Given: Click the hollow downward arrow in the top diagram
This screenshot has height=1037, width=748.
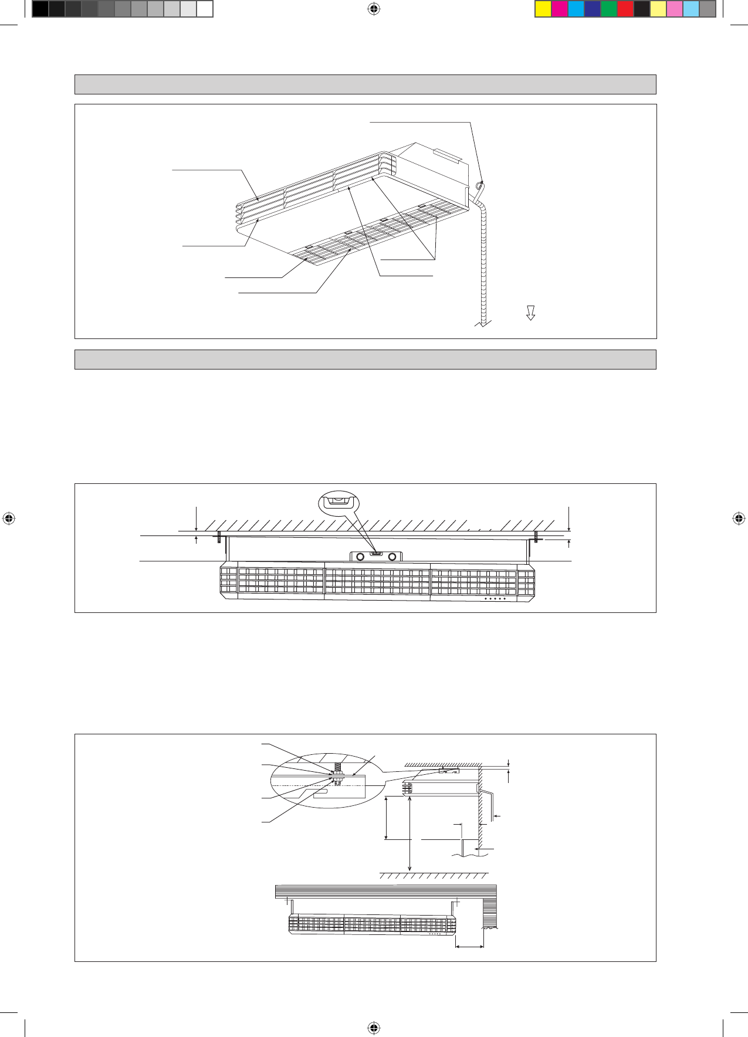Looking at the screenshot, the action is pos(530,313).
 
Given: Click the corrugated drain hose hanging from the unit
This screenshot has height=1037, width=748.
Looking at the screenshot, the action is pos(482,264).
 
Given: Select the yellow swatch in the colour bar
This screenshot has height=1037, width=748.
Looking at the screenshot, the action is pos(543,9).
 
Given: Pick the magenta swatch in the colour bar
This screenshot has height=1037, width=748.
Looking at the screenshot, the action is pos(560,9).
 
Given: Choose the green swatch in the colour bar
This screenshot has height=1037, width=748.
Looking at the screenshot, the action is pos(609,9).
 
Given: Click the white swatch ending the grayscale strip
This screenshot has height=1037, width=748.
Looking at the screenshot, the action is pos(204,9).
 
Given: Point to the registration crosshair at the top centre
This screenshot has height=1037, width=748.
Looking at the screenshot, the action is pos(374,9).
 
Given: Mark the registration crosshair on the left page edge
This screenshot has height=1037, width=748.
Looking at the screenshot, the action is pos(8,518).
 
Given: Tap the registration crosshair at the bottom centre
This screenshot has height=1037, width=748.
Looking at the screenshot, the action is pos(374,1028).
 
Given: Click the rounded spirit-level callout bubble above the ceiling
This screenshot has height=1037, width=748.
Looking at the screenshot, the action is pos(338,501).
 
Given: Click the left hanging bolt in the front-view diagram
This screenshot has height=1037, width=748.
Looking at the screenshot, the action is pos(219,537).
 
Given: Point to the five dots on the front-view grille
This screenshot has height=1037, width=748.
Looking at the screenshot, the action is pos(495,599).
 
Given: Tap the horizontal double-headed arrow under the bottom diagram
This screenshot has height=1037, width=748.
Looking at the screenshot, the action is pos(469,946).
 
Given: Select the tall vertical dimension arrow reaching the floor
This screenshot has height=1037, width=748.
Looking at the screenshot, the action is pos(409,832).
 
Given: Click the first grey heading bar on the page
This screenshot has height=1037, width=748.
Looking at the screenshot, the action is pos(365,84).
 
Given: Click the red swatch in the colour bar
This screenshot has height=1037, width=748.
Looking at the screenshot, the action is pos(625,9).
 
